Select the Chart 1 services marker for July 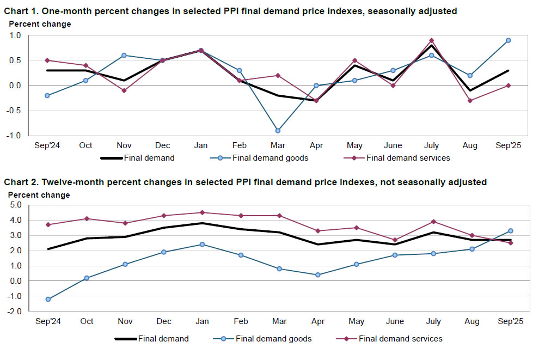pyautogui.click(x=431, y=40)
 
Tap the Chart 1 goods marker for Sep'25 pyautogui.click(x=508, y=40)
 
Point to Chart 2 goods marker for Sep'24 pyautogui.click(x=48, y=299)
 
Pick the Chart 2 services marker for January pyautogui.click(x=201, y=212)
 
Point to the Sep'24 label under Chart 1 pyautogui.click(x=47, y=145)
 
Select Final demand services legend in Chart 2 pyautogui.click(x=400, y=339)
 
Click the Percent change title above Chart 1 pyautogui.click(x=40, y=24)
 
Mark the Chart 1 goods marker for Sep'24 pyautogui.click(x=47, y=95)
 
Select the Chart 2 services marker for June pyautogui.click(x=395, y=240)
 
